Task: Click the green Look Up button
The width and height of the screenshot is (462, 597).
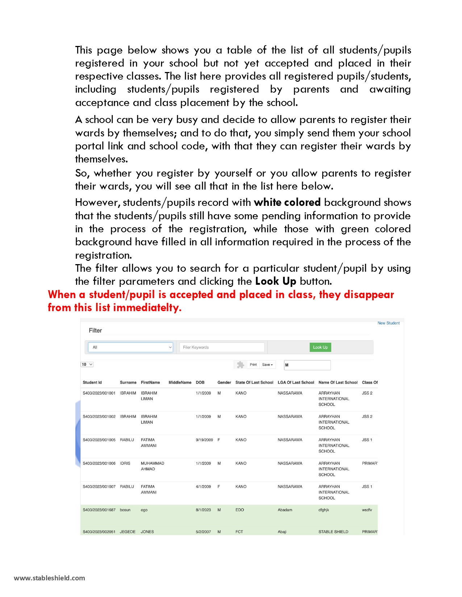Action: tap(320, 347)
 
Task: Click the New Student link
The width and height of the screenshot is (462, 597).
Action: tap(388, 323)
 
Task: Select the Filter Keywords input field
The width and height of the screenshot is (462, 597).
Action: tap(221, 347)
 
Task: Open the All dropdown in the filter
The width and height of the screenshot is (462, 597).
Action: tap(130, 347)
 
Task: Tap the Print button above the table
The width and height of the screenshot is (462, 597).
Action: tap(253, 365)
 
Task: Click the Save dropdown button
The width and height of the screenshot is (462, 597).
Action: tap(267, 365)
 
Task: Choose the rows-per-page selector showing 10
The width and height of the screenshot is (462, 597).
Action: tap(87, 364)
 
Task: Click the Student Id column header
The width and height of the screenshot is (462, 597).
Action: tap(92, 382)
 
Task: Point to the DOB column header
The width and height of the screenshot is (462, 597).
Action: tap(200, 382)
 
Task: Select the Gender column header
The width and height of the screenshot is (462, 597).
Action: tap(224, 382)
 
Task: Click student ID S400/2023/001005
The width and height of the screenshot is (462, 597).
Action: tap(99, 440)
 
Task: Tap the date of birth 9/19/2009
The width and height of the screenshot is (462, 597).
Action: tap(204, 440)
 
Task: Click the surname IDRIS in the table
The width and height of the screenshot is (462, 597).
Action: tap(125, 463)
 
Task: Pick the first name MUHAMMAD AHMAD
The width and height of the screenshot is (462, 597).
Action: tap(152, 466)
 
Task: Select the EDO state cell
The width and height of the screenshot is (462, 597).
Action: tap(240, 510)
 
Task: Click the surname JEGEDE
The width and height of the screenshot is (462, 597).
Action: tap(128, 532)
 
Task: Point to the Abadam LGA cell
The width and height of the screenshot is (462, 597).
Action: tap(285, 510)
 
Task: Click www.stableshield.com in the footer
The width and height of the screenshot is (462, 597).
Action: tap(49, 578)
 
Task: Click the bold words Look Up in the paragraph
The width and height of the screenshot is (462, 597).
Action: tap(275, 281)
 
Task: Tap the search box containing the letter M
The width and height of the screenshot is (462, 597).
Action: tap(307, 365)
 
